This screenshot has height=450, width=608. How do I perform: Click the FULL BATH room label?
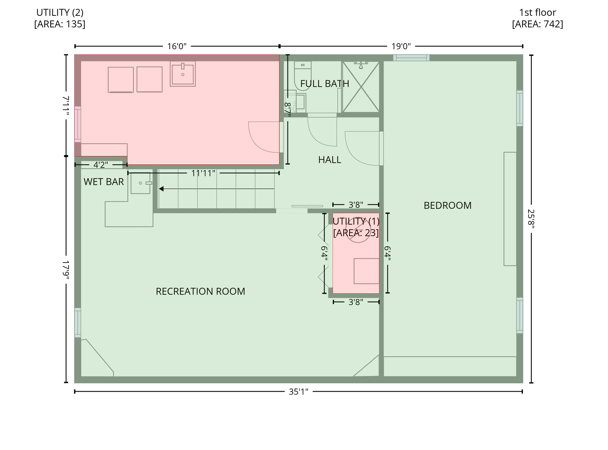click(325, 84)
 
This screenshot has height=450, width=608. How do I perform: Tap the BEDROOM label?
click(448, 205)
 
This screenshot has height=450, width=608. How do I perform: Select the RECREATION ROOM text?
click(200, 291)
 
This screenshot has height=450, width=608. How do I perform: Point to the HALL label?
click(329, 160)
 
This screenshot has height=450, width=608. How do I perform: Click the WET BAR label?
click(104, 182)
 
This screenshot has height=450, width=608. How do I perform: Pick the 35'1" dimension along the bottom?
click(299, 392)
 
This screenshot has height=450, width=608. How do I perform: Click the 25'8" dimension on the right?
click(531, 219)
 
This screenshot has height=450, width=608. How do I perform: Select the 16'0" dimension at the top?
click(177, 46)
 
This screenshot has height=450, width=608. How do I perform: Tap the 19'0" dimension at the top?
click(401, 46)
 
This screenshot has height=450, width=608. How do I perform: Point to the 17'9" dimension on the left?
click(66, 270)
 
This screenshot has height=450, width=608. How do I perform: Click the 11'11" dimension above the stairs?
click(203, 173)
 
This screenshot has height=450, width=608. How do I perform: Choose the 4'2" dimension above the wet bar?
click(101, 165)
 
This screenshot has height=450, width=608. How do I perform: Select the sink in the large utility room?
click(183, 73)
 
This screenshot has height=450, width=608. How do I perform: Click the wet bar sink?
click(141, 183)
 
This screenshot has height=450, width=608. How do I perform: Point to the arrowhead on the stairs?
click(161, 189)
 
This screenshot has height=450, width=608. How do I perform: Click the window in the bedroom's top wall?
click(411, 58)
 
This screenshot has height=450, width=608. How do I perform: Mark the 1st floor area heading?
click(537, 18)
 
